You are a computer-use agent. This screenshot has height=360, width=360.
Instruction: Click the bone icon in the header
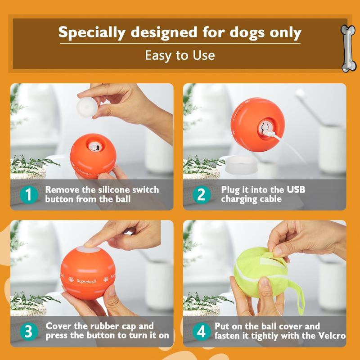click(x=348, y=49)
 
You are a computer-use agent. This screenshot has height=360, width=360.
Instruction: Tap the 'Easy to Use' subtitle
click(x=180, y=55)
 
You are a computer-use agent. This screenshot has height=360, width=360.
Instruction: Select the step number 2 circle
click(x=201, y=195)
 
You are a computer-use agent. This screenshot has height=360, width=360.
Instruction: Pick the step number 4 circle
click(x=201, y=332)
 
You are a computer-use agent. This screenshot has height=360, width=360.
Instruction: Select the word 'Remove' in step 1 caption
click(x=62, y=190)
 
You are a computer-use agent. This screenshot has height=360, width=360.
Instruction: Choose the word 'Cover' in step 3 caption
click(x=60, y=326)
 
